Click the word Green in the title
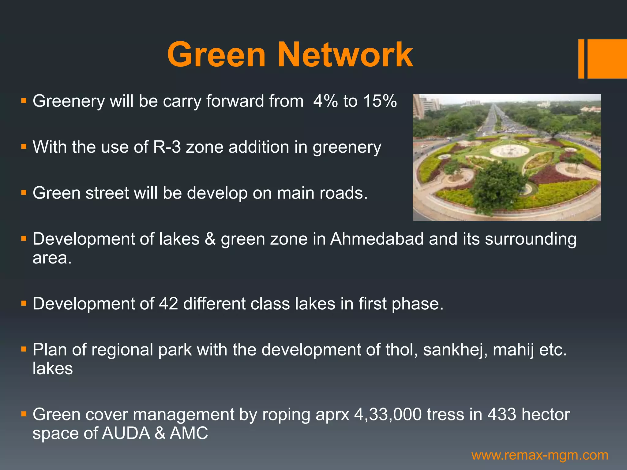(216, 55)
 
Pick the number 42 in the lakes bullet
(168, 304)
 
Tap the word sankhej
(455, 350)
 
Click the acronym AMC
(189, 434)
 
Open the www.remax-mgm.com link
(540, 455)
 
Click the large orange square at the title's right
(607, 59)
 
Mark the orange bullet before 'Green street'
(24, 193)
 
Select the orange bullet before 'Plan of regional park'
(24, 349)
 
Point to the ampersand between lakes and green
(210, 239)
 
